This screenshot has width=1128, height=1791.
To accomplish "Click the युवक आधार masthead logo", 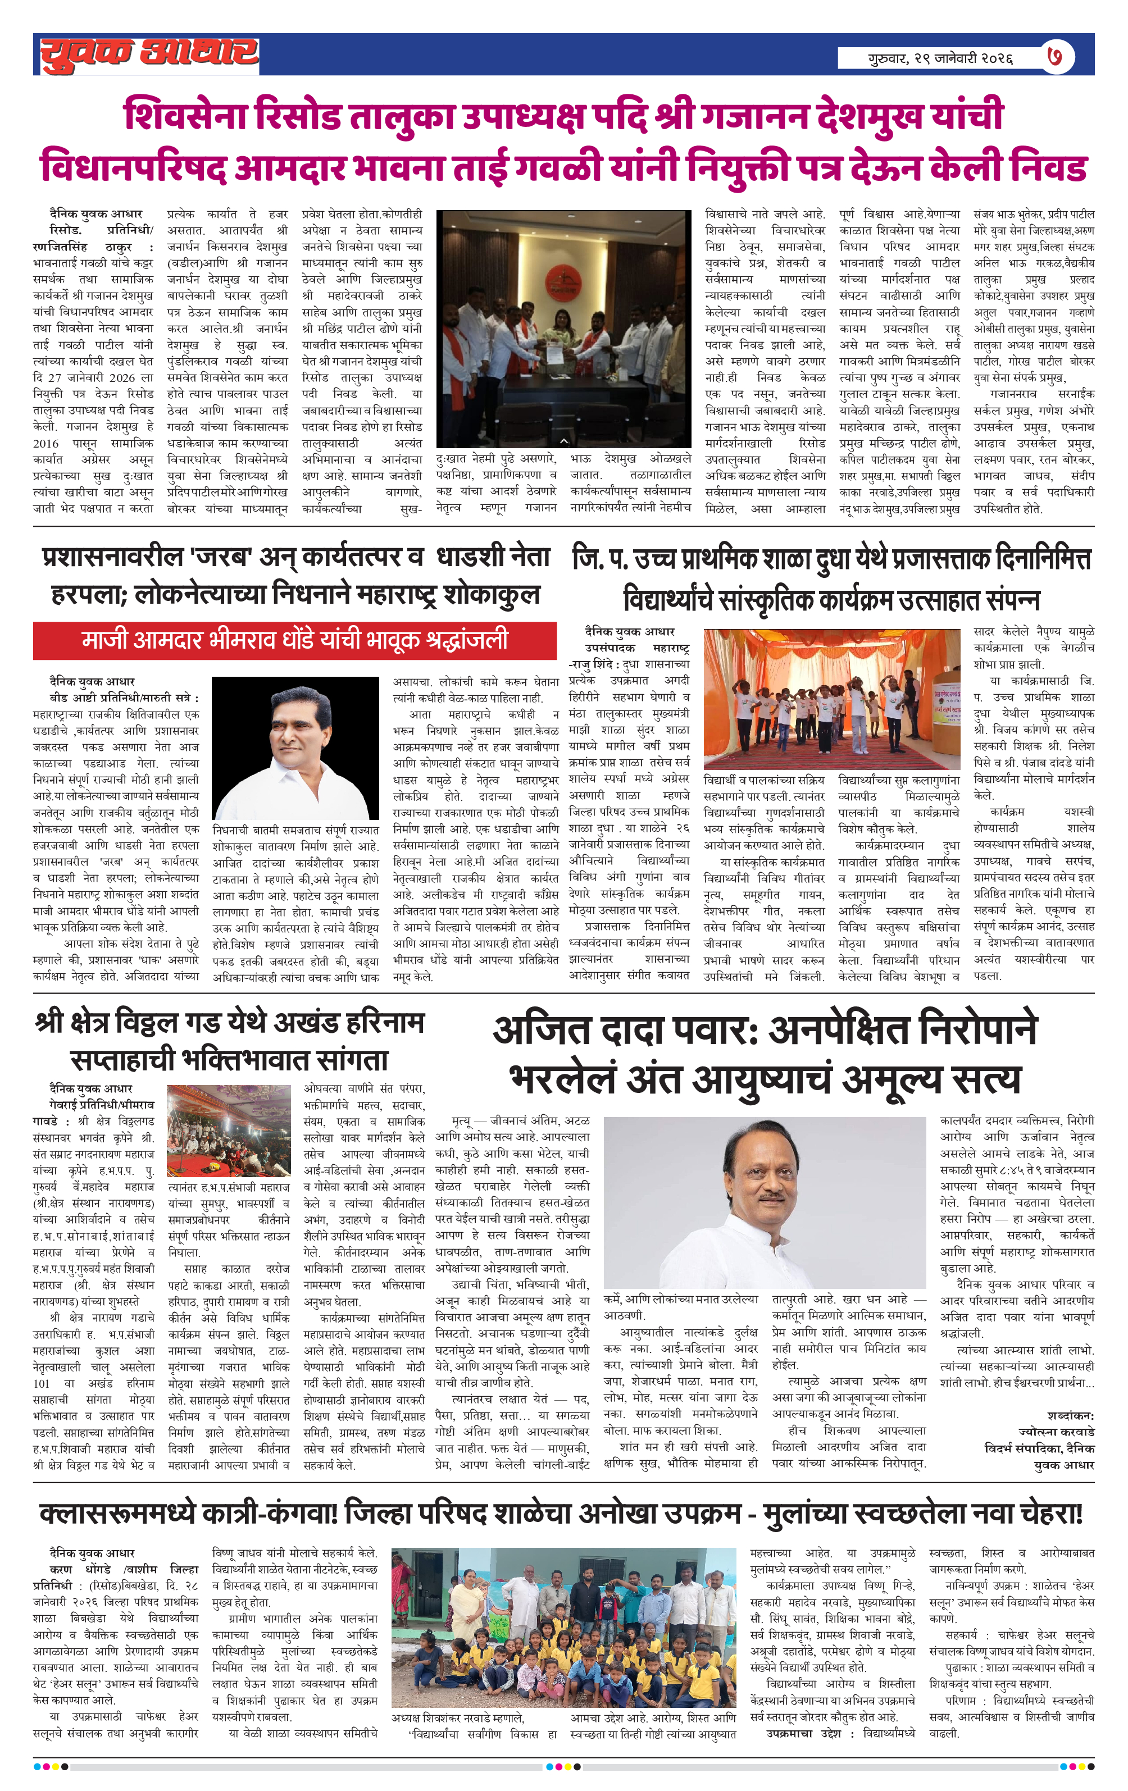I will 149,55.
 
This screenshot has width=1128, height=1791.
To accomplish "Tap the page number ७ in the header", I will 1054,57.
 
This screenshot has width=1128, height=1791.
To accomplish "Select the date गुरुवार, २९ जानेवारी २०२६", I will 940,58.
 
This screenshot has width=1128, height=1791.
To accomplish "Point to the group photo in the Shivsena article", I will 563,328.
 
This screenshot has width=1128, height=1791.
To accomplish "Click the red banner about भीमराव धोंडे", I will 295,640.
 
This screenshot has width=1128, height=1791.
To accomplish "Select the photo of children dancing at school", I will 831,699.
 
